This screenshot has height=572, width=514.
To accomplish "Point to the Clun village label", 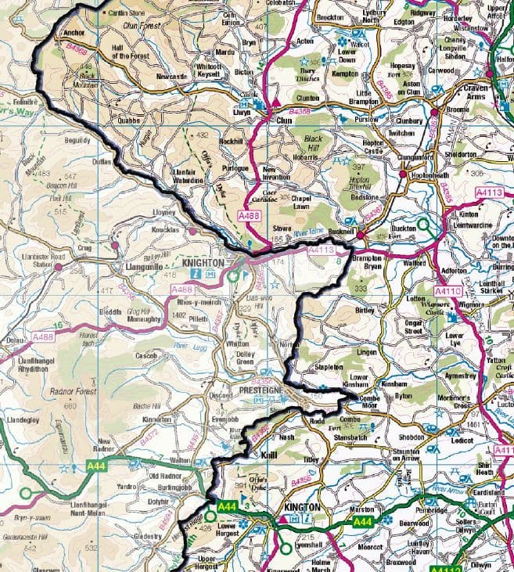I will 284,121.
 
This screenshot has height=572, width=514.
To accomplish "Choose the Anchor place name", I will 74,34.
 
